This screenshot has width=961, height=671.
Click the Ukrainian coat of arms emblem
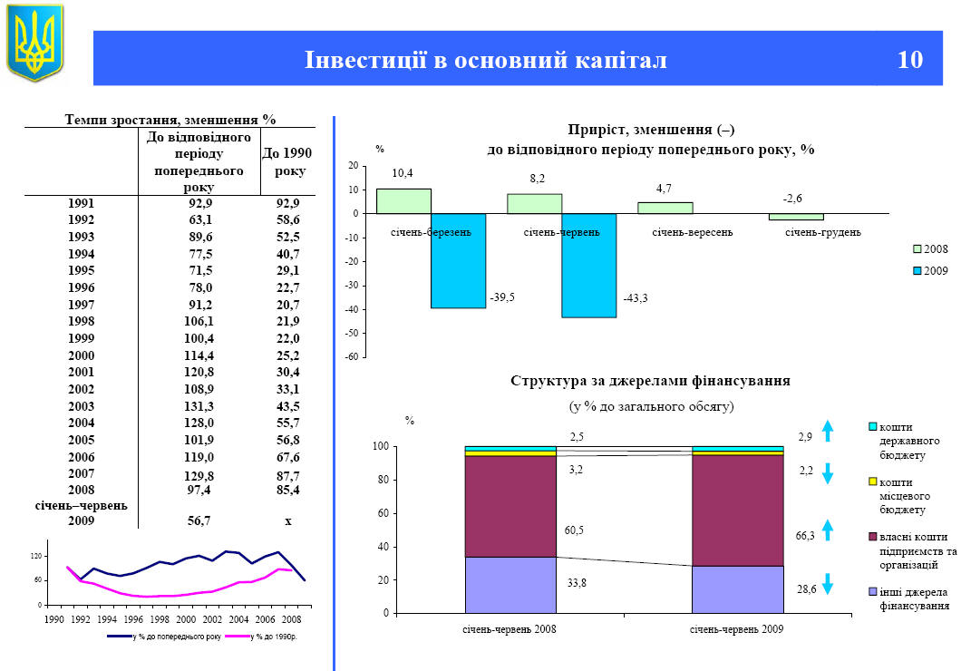(x=35, y=42)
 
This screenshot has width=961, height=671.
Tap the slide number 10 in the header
(x=909, y=60)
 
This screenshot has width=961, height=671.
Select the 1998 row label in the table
(x=81, y=321)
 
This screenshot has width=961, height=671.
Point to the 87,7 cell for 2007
(x=287, y=475)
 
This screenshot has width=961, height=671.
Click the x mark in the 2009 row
(x=287, y=520)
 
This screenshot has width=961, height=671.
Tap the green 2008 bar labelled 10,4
(x=403, y=201)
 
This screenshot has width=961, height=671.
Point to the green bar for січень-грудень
(x=796, y=217)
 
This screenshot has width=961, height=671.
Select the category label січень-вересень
(x=692, y=232)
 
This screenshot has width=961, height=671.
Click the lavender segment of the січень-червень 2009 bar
(x=737, y=589)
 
